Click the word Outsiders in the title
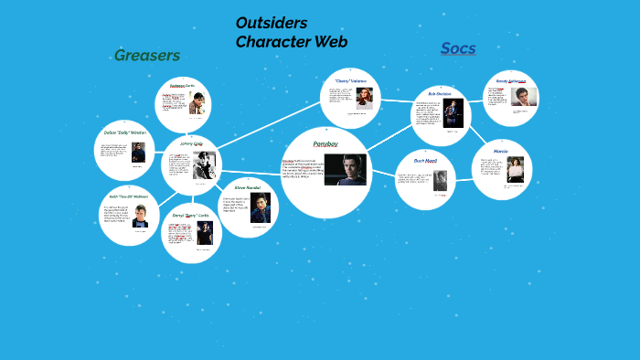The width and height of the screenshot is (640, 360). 272,23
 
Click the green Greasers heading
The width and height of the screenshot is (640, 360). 146,56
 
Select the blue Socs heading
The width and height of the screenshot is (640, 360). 458,48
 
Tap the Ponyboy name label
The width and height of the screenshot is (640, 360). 325,144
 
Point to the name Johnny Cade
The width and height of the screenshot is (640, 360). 191,144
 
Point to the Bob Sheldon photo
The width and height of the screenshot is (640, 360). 453,112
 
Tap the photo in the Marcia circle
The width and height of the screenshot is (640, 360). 517,170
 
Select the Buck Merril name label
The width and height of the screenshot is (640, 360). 426,161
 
